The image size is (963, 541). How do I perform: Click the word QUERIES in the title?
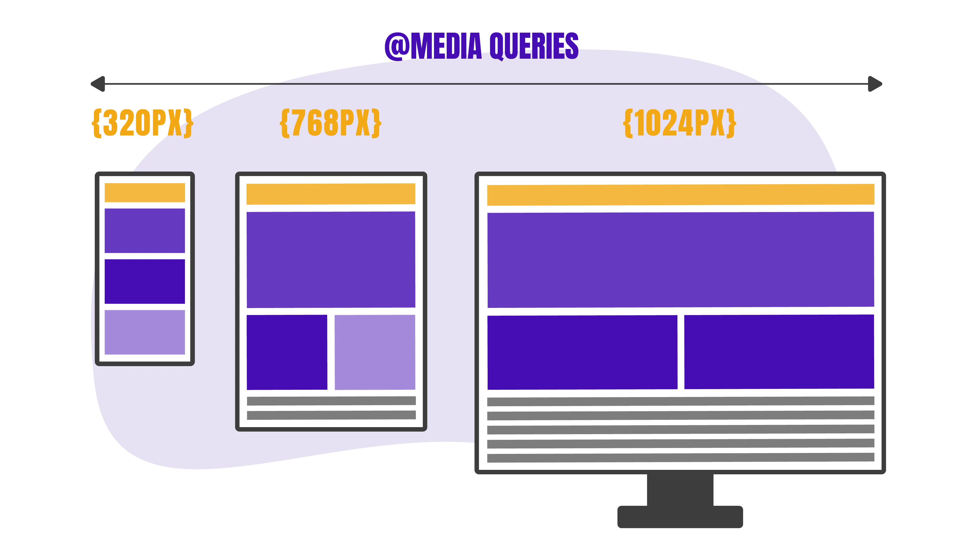pos(534,46)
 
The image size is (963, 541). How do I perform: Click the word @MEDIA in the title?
pos(433,46)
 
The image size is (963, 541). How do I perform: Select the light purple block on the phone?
pos(145,332)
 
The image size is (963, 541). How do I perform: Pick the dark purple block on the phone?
pos(145,281)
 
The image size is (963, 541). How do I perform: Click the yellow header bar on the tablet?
pos(331,194)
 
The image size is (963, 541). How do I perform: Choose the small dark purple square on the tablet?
pos(287,352)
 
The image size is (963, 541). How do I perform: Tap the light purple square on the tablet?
pos(375,352)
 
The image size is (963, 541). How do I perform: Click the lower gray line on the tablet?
pos(331,415)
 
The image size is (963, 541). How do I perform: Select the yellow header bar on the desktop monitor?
pos(681,195)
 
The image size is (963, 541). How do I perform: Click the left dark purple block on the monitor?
pos(583,352)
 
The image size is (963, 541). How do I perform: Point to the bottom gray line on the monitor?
pos(681,458)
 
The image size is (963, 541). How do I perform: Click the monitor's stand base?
pos(680,517)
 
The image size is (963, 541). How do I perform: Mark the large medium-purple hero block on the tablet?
pos(331,260)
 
